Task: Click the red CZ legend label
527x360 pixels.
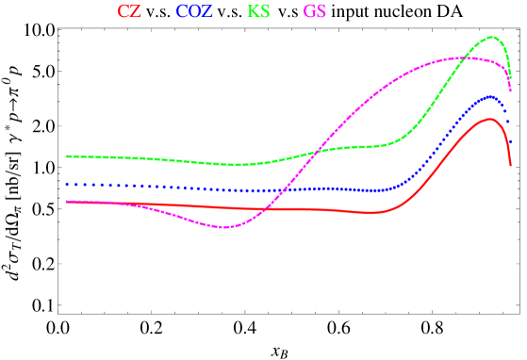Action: [129, 12]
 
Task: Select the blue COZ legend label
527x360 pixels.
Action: [194, 12]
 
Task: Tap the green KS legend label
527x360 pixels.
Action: [258, 12]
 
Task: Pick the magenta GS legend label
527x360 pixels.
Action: [315, 12]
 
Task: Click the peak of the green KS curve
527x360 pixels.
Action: [491, 37]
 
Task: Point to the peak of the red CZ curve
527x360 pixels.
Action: [487, 119]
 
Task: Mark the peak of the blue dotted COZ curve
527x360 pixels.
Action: [489, 96]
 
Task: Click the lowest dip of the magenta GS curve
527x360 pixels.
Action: [223, 227]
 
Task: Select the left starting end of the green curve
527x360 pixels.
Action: [67, 155]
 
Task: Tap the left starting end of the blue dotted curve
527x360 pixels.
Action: [67, 184]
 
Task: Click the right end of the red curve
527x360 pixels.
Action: [510, 166]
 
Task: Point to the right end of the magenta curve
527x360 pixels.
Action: [510, 90]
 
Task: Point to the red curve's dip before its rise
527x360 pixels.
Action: [374, 213]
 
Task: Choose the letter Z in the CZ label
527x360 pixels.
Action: [136, 12]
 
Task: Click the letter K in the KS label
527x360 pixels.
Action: [253, 12]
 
